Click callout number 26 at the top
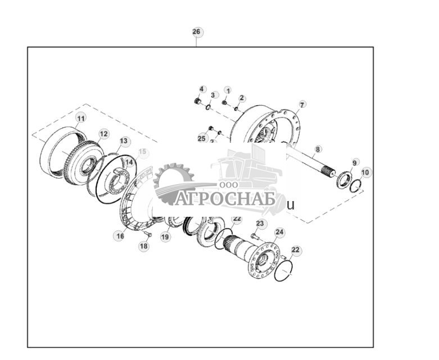[196, 31]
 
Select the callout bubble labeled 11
[81, 118]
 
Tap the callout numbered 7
[302, 104]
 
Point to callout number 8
[318, 149]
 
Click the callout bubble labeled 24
[279, 231]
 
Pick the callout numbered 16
[120, 236]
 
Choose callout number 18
[144, 246]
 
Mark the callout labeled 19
[165, 237]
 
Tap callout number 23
[260, 224]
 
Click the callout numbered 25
[202, 138]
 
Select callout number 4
[202, 89]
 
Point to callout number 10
[365, 172]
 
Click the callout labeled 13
[124, 141]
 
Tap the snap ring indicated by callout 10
[355, 186]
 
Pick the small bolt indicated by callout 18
[148, 234]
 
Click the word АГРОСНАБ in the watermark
[224, 199]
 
